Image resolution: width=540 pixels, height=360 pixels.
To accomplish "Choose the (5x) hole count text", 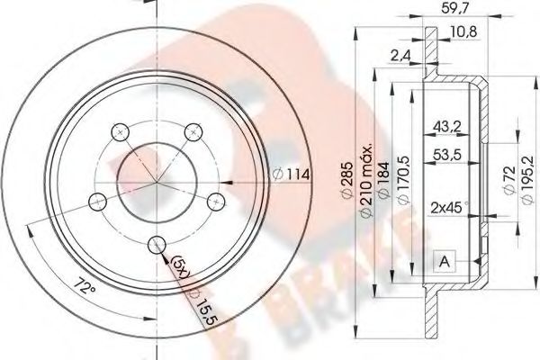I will [x=179, y=267].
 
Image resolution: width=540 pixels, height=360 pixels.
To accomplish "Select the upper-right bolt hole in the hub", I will [x=192, y=133].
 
